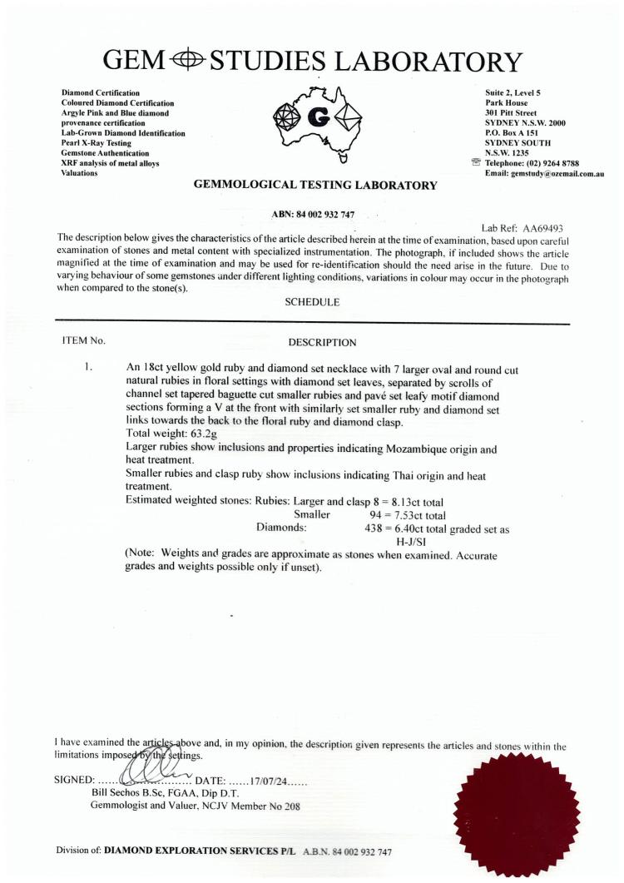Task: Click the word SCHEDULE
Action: point(312,302)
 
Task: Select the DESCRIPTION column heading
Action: point(322,342)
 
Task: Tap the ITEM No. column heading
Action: point(84,341)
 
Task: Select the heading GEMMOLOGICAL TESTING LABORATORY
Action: point(315,186)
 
